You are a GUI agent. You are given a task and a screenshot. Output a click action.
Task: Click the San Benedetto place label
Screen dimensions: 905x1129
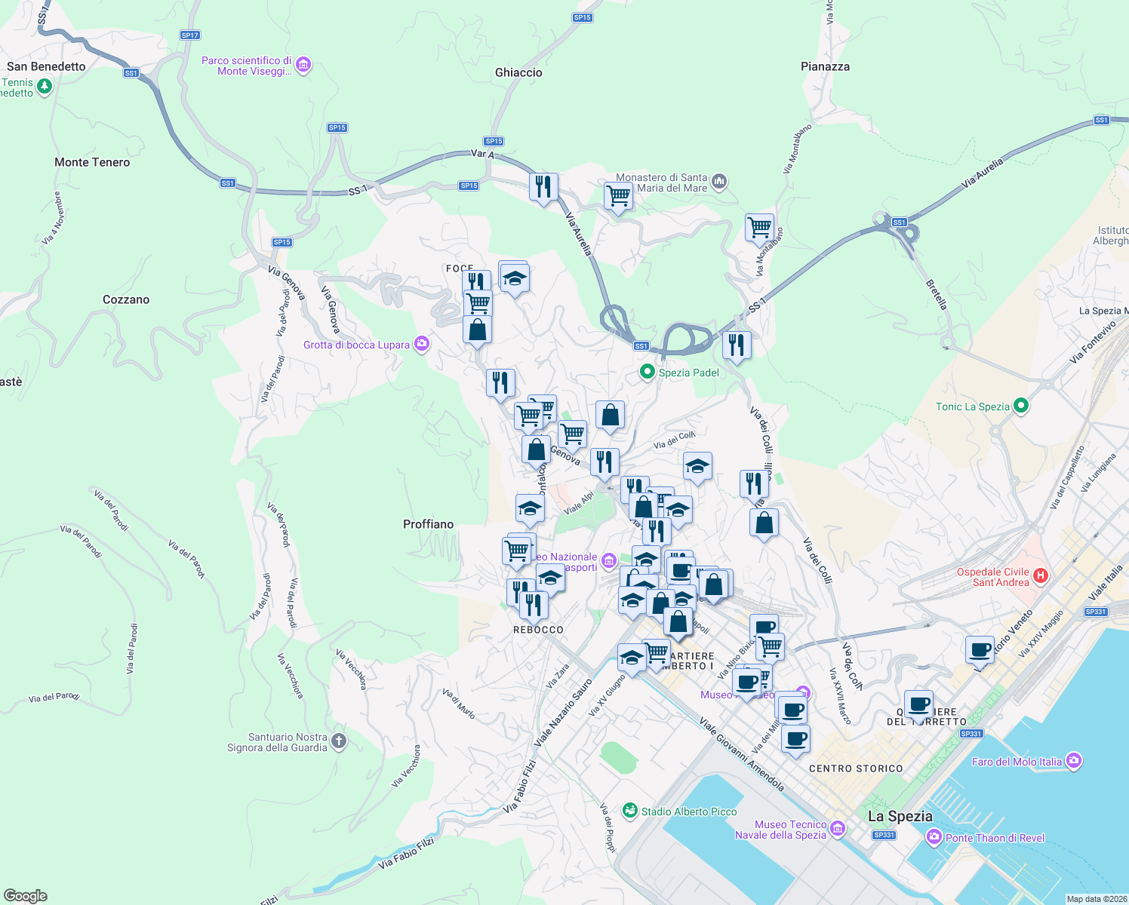tap(46, 66)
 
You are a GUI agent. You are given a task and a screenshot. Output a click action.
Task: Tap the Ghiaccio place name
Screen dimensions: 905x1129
tap(518, 72)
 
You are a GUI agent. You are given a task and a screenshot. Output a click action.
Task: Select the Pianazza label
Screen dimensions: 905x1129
tap(825, 66)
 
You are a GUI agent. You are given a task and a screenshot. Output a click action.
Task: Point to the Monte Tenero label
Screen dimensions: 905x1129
tap(92, 162)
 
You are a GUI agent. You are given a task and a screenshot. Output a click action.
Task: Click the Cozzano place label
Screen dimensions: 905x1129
tap(126, 299)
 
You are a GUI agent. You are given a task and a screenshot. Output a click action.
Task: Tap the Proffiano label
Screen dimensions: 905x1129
tap(428, 524)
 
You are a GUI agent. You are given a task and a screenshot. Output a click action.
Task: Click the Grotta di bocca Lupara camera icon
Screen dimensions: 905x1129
tap(422, 345)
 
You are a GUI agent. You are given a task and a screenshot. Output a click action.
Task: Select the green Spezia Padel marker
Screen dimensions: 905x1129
tap(647, 372)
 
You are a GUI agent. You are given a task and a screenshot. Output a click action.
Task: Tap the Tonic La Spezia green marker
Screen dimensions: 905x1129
tap(1021, 406)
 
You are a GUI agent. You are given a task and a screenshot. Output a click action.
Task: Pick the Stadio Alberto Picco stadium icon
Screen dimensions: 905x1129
tap(630, 811)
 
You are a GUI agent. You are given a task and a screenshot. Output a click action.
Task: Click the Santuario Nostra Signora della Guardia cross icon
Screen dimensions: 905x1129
tap(339, 741)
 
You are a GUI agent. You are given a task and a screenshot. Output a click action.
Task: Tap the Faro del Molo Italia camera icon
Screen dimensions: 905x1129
tap(1075, 761)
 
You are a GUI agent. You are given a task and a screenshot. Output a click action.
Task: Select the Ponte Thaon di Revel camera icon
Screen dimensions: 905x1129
tap(934, 837)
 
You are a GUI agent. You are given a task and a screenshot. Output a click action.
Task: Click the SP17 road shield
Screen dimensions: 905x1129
tap(190, 35)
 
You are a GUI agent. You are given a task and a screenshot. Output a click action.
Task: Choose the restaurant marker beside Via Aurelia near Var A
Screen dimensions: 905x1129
tap(543, 187)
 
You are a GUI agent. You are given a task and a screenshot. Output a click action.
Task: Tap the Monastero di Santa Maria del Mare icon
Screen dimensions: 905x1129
tap(719, 182)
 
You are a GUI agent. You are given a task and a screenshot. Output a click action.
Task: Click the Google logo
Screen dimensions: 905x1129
tap(24, 895)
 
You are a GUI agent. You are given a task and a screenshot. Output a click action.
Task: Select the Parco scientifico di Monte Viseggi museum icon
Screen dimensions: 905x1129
tap(303, 66)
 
